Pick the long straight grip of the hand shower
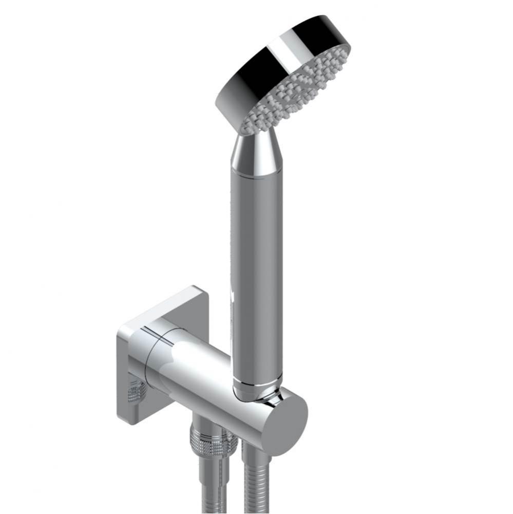(256, 272)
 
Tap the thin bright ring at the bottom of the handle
(255, 384)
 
